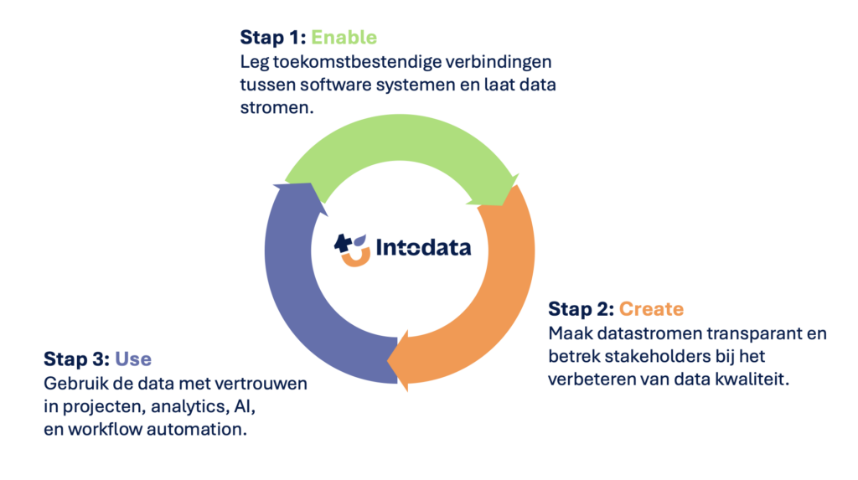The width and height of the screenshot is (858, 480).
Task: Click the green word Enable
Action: click(344, 37)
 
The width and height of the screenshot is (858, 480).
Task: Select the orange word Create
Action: click(651, 308)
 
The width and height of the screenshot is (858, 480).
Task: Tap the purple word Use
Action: click(133, 359)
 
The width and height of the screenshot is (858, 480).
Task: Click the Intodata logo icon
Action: click(352, 250)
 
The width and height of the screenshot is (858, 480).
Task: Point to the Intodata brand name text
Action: click(423, 247)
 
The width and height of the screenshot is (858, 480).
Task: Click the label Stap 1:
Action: click(272, 37)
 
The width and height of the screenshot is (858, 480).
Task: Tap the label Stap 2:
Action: click(581, 308)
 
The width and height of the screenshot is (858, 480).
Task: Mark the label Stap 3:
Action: click(76, 359)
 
